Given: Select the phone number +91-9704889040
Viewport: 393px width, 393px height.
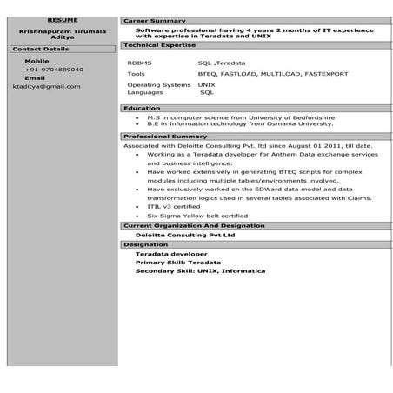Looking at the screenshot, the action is coord(54,69).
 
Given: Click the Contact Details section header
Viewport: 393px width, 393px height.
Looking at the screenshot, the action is coord(41,50).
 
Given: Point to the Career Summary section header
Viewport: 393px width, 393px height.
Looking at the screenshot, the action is coord(154,19).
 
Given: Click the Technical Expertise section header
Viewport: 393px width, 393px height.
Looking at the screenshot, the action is coord(159,43).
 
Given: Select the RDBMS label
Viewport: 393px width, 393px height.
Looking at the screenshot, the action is coord(138,63).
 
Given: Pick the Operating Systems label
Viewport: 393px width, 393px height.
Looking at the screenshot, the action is coord(158,84).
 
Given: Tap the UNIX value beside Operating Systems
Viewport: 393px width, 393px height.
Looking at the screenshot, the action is coord(206,84).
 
